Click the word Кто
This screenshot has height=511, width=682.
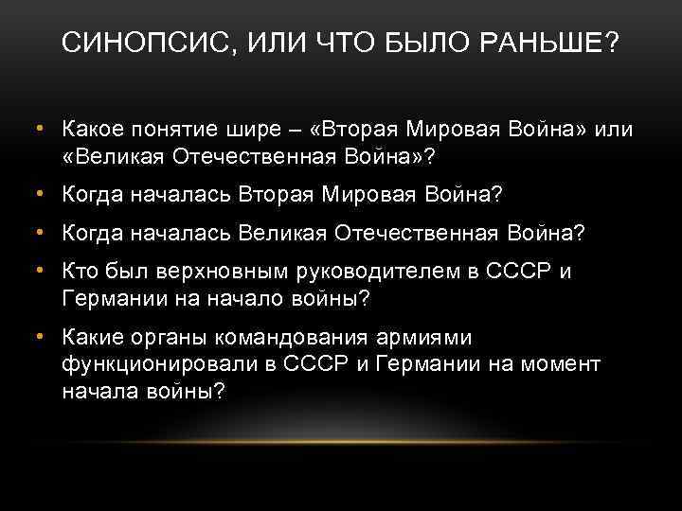79,273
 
